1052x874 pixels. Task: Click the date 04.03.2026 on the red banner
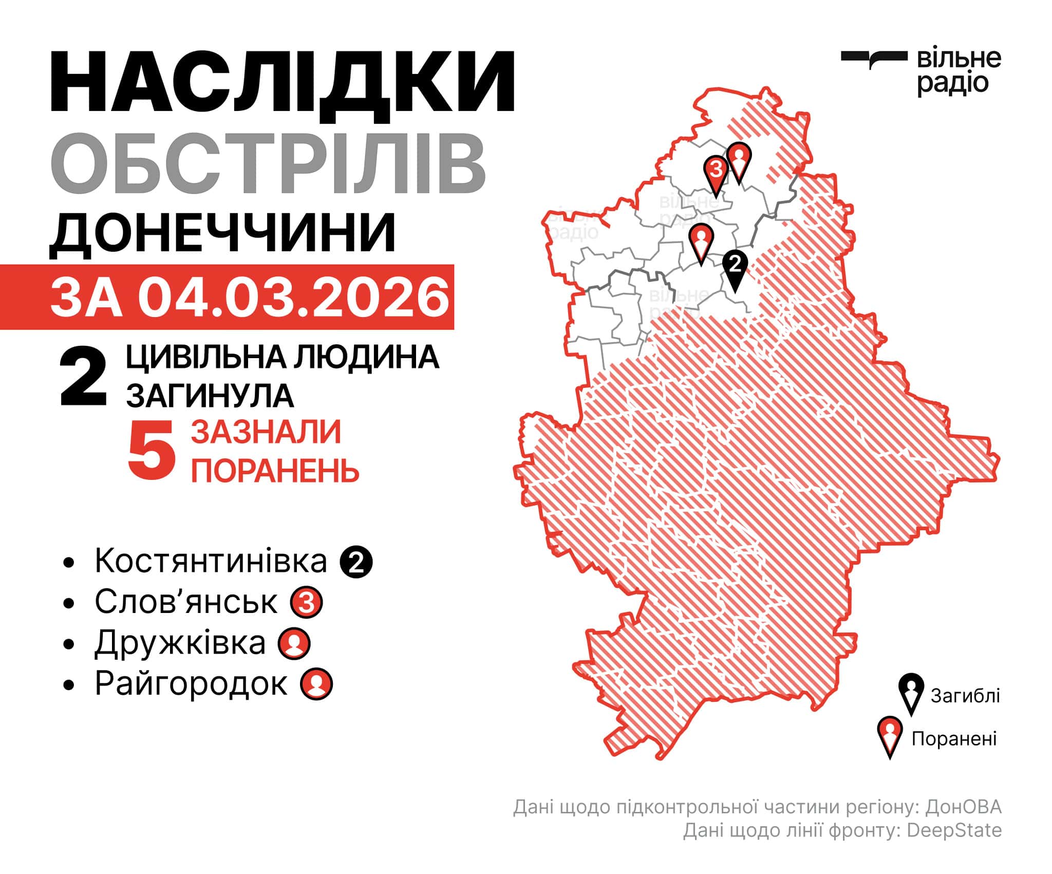[x=293, y=298]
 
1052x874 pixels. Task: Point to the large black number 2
[x=84, y=379]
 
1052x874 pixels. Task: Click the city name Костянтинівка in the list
[x=211, y=561]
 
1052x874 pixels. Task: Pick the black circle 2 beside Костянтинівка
[x=356, y=562]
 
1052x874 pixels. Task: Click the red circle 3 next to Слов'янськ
[x=307, y=602]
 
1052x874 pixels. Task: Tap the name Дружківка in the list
[x=180, y=643]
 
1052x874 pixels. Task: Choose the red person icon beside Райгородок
[x=317, y=684]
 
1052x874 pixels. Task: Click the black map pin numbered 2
[x=735, y=268]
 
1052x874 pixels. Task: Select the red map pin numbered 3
[x=716, y=173]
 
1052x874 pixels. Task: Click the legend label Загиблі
[x=965, y=696]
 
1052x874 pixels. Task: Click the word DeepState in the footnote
[x=954, y=831]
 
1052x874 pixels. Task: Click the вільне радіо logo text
[x=958, y=72]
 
